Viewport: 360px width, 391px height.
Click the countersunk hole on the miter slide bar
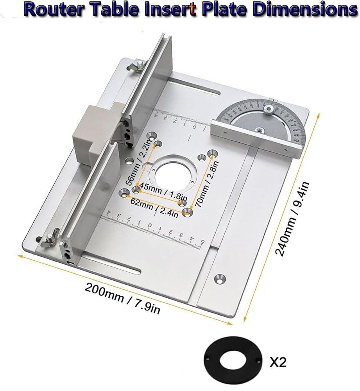click(x=219, y=278)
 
